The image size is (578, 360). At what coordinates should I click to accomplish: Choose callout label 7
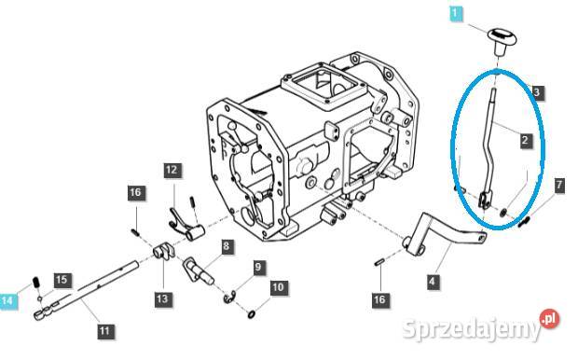coord(559,186)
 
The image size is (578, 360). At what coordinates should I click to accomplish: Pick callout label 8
coord(225,247)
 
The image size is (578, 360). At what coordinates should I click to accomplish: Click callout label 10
coord(278,288)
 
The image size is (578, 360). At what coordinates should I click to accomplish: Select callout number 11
coord(103,329)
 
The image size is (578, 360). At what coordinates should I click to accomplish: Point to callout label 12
coord(172,170)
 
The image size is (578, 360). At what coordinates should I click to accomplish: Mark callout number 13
coord(163,298)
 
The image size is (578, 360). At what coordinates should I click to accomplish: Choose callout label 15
coord(62,279)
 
